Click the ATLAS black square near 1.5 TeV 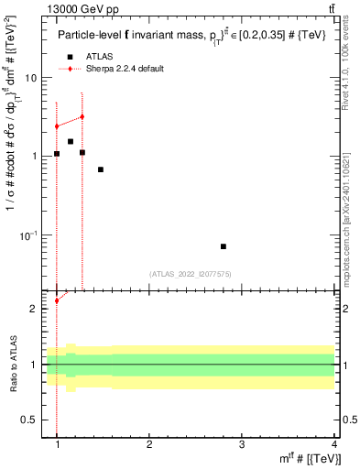[101, 169]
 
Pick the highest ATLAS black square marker [70, 141]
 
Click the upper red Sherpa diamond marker [82, 116]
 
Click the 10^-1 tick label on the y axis [31, 235]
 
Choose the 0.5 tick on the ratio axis [31, 420]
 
